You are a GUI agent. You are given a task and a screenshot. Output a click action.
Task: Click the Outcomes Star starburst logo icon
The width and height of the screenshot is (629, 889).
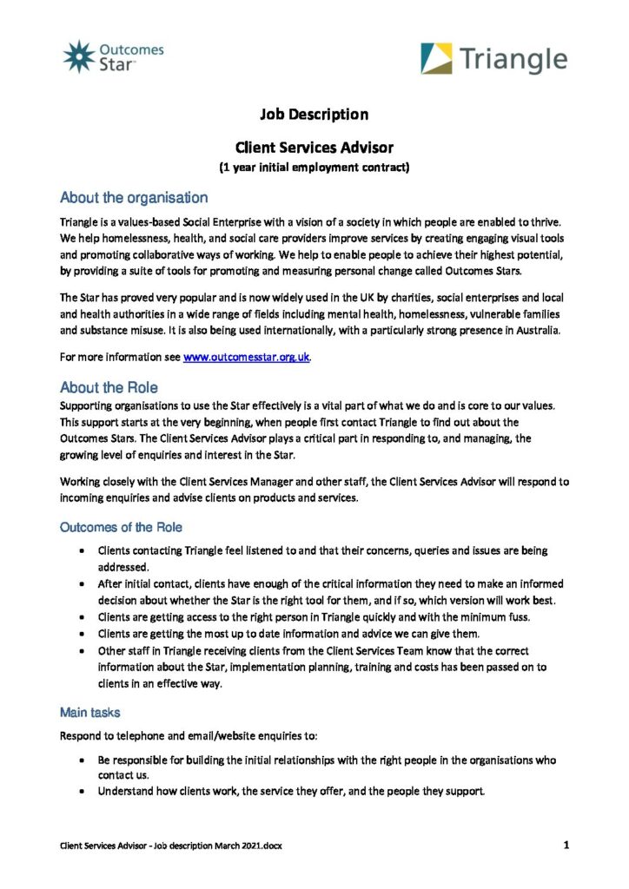point(78,56)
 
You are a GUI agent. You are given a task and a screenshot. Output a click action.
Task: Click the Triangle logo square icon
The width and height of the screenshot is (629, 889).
point(436,59)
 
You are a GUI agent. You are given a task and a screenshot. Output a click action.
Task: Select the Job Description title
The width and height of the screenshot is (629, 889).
point(314,115)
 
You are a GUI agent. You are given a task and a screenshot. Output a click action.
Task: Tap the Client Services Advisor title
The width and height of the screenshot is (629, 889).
point(314,148)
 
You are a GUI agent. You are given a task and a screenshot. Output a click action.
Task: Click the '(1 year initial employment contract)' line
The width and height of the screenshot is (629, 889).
point(314,167)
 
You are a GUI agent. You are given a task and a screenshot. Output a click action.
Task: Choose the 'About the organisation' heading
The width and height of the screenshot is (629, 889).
point(134,198)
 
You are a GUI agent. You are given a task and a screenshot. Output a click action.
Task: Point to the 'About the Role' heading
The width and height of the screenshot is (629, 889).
point(109,386)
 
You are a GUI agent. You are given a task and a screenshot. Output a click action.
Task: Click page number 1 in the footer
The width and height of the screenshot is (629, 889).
point(566,844)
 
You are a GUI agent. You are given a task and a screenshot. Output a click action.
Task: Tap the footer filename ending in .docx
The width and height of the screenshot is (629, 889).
point(170,845)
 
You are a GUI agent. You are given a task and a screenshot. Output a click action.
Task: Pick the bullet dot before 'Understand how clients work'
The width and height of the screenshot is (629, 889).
point(82,792)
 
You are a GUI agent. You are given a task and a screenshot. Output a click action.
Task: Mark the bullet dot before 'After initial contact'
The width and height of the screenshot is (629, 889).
point(82,584)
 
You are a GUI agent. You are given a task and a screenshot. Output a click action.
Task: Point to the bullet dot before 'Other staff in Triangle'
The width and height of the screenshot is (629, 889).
point(82,650)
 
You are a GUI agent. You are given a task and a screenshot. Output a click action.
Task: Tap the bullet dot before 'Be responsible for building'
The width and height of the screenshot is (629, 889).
point(82,760)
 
